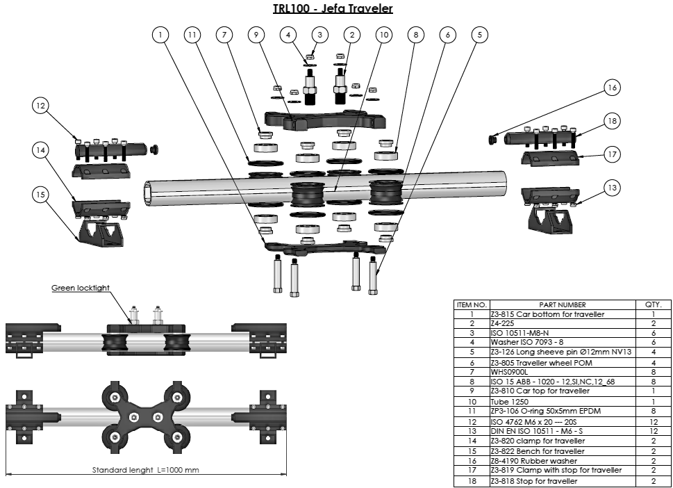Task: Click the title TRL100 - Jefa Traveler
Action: point(333,8)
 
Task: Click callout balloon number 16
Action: point(611,88)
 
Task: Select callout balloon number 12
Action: point(40,106)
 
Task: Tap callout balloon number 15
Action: point(40,195)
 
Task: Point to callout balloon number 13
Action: point(611,188)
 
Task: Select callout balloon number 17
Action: point(611,154)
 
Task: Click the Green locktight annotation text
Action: point(81,288)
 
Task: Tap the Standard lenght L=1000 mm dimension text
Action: point(145,470)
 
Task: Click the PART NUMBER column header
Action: point(562,304)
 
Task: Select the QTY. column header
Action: point(653,304)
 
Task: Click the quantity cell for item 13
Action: point(653,431)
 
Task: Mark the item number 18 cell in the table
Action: point(472,480)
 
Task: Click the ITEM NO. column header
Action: point(472,304)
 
